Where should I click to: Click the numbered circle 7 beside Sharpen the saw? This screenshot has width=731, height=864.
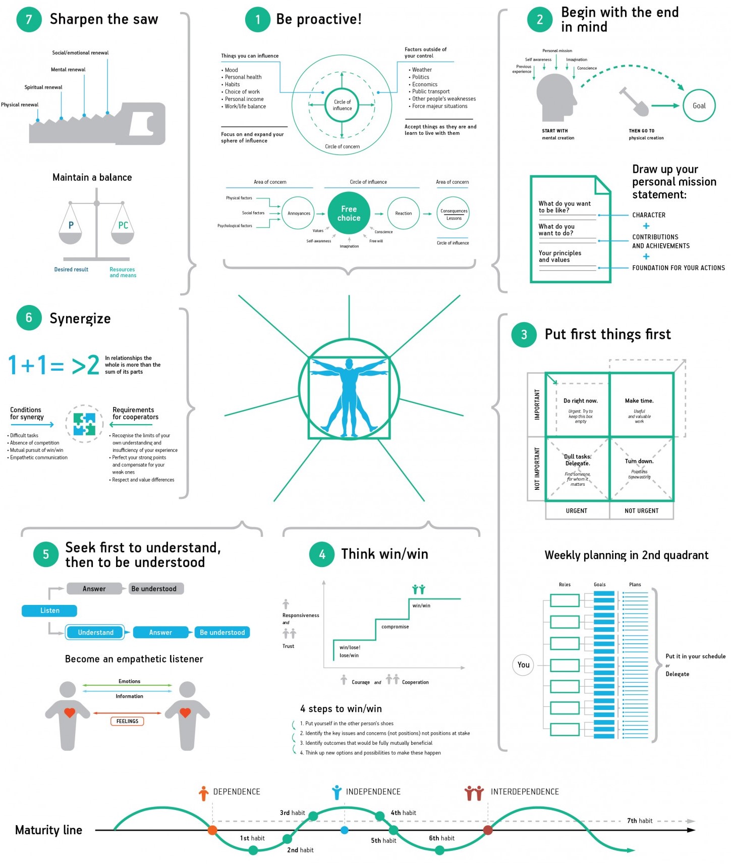click(29, 20)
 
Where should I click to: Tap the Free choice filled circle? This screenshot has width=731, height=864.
click(349, 213)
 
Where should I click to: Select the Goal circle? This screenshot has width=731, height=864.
click(699, 106)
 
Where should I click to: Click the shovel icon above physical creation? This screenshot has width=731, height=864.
click(634, 101)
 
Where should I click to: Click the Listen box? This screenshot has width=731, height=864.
click(49, 611)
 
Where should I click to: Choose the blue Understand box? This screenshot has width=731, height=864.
click(95, 632)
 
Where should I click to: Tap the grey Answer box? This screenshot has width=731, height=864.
click(94, 589)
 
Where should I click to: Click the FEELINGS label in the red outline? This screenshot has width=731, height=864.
click(127, 721)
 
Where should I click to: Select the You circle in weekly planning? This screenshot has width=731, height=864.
click(523, 665)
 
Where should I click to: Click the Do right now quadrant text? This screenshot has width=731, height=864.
click(580, 401)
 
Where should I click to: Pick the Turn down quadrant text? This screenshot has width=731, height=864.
click(639, 461)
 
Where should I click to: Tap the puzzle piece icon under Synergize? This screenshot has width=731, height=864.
click(84, 424)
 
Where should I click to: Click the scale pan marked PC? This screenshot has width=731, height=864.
click(123, 227)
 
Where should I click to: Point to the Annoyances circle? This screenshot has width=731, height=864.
click(299, 213)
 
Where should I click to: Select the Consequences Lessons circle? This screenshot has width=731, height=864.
click(454, 214)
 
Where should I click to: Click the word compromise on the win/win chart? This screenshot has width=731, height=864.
click(395, 627)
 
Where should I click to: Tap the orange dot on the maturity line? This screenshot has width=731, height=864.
click(212, 830)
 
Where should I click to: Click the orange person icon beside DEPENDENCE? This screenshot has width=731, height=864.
click(203, 793)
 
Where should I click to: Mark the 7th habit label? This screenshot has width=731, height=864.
click(640, 821)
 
